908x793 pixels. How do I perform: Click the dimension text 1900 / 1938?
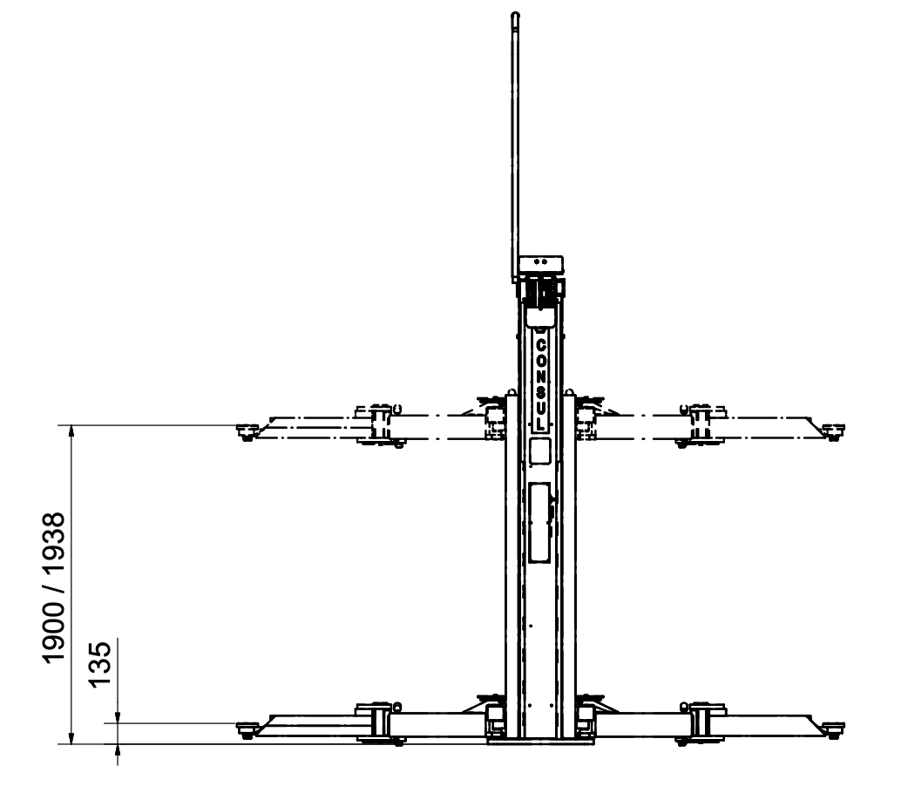click(x=54, y=587)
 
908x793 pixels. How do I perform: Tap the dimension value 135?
click(x=99, y=664)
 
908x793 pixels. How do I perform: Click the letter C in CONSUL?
click(x=540, y=345)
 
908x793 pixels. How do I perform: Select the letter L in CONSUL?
click(x=540, y=424)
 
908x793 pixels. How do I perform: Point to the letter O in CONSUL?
click(x=540, y=361)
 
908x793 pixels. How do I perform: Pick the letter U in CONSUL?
click(x=540, y=408)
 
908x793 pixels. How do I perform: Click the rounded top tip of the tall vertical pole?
click(x=515, y=13)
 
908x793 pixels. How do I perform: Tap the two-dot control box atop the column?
click(x=541, y=264)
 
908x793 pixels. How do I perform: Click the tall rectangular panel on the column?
click(x=539, y=523)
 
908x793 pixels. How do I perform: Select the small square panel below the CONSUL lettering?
click(x=539, y=451)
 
